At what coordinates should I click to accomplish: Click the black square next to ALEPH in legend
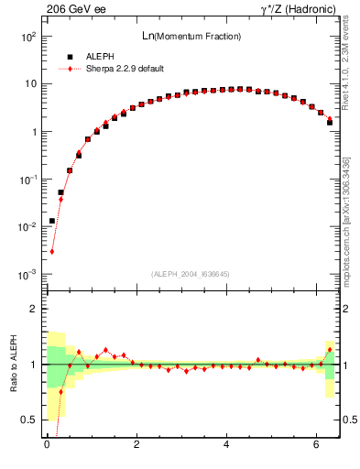pyautogui.click(x=70, y=56)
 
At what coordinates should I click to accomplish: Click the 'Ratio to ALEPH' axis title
pyautogui.click(x=13, y=364)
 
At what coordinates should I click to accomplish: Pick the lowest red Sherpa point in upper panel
pyautogui.click(x=52, y=251)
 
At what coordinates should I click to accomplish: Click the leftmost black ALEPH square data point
pyautogui.click(x=52, y=221)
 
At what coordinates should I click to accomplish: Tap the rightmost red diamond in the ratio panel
pyautogui.click(x=330, y=349)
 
